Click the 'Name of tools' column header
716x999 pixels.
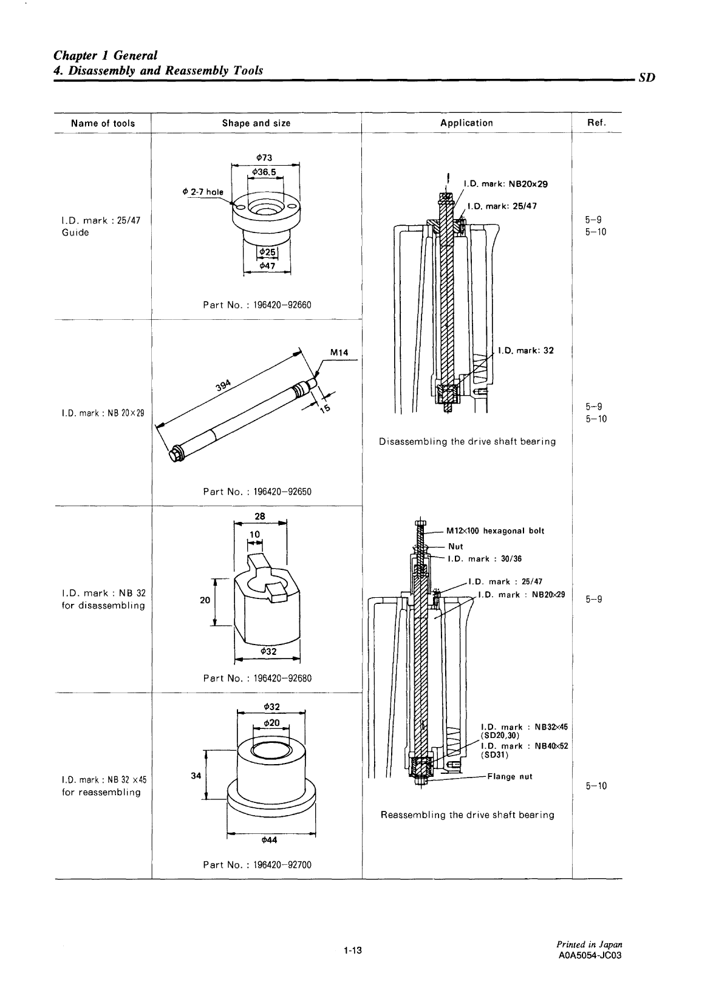103,123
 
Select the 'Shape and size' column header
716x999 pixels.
256,123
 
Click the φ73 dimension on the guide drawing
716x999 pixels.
265,158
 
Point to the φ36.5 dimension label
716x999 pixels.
265,172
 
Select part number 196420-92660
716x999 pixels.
257,305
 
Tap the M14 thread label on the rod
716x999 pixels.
338,352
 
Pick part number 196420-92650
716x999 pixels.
257,492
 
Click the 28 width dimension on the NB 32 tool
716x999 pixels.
260,515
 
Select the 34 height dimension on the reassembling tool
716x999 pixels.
196,776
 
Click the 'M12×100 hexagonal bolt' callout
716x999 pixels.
495,531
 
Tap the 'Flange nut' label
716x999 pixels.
510,776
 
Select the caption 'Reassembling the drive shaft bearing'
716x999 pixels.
467,814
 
